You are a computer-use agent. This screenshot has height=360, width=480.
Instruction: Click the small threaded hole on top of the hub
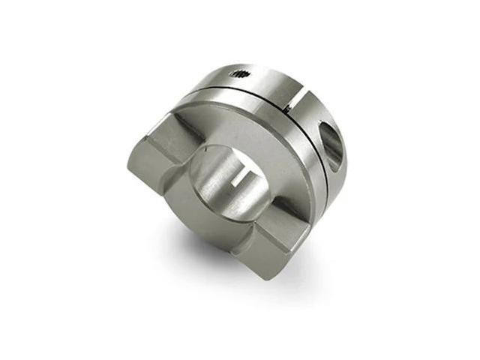[x=241, y=73]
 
